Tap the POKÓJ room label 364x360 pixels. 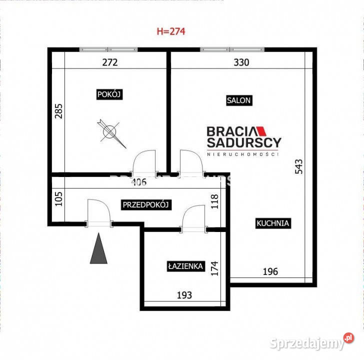click(109, 94)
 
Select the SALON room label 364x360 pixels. click(238, 100)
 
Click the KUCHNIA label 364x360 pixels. click(272, 223)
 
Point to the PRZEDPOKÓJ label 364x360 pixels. click(146, 204)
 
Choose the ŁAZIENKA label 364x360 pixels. click(185, 266)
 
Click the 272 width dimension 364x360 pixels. click(109, 62)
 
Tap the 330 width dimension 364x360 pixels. click(241, 62)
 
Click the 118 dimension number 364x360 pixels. click(215, 201)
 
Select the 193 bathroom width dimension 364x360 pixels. click(184, 295)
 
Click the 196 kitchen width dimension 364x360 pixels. click(270, 272)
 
